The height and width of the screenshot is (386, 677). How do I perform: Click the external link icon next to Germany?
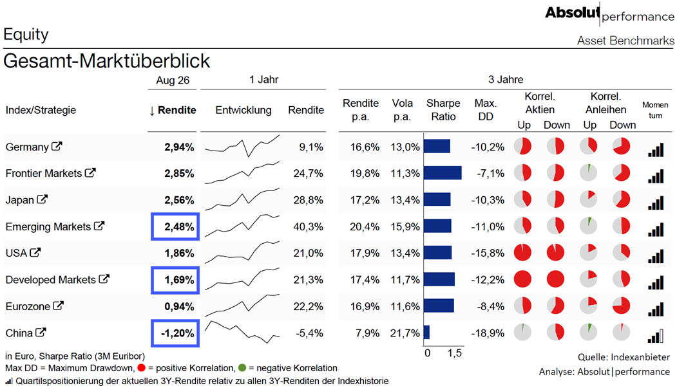57,146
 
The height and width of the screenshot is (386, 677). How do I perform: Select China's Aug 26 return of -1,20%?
177,333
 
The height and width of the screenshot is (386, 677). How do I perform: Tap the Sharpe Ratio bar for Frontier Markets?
443,173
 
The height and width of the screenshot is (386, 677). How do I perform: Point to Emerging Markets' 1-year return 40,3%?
309,227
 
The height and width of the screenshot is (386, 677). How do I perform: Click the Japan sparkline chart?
242,199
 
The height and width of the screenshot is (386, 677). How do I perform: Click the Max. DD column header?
485,110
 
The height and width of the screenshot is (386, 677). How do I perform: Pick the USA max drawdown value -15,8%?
488,253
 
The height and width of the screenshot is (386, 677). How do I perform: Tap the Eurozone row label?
28,307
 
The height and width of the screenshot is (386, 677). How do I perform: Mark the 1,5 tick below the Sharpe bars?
455,353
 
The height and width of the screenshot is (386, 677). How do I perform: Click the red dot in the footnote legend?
141,368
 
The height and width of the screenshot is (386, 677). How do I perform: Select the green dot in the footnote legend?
242,368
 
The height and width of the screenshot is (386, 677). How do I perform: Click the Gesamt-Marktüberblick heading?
107,61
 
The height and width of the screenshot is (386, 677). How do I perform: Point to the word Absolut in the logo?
573,12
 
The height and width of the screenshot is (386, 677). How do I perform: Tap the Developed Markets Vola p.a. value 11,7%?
405,280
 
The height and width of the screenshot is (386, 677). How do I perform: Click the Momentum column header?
655,110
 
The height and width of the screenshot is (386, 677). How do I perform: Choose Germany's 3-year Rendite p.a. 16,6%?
365,147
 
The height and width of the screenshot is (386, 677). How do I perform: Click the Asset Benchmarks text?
625,41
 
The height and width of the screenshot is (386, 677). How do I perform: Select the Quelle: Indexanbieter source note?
624,357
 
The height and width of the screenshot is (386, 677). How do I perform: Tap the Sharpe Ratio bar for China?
426,333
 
